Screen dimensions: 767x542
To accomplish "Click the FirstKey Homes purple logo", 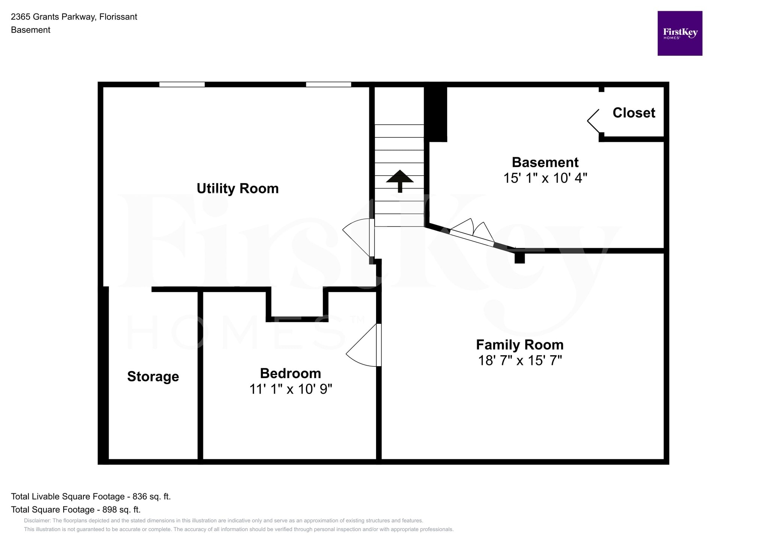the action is tap(680, 33).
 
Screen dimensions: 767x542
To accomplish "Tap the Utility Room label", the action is tap(238, 188).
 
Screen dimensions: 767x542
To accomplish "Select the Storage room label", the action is tap(153, 377).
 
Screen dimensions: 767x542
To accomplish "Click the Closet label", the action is tap(634, 113).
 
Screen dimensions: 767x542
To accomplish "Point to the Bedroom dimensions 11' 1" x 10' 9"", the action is tap(291, 389).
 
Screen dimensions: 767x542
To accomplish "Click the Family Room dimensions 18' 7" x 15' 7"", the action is tap(520, 360).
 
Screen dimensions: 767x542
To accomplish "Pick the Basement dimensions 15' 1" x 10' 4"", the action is tap(545, 178).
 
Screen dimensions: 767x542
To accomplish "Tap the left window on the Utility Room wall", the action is tap(182, 84).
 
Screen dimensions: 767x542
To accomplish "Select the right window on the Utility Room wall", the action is tap(328, 84).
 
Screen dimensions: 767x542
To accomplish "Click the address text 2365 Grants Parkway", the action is tap(53, 17).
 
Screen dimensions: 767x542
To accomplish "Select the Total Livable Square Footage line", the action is tap(91, 496).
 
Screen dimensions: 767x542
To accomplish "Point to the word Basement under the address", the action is tap(31, 30).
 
